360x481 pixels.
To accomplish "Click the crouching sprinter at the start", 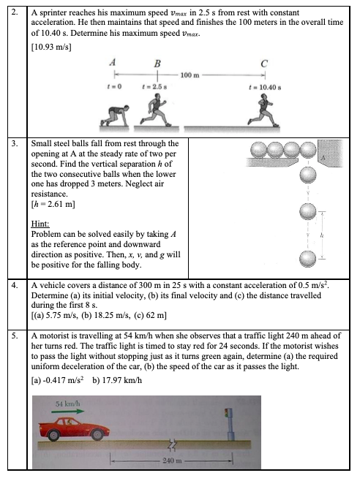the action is [114, 115].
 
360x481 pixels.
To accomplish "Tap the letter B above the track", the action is [157, 64].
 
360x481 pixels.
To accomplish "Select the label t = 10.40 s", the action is [265, 88].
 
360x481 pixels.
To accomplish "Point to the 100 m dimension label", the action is [190, 75].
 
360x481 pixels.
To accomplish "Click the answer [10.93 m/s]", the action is [51, 47].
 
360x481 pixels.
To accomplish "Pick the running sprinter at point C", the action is [264, 110].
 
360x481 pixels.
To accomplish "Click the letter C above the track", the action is [264, 64].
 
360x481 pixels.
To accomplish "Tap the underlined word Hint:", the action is [40, 224].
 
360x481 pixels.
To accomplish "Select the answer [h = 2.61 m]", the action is [53, 204].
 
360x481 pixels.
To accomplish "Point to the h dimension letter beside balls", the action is [322, 235].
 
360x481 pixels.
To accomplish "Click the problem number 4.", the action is [15, 285].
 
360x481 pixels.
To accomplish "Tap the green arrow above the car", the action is [67, 411].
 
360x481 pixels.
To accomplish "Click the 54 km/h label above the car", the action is [67, 404].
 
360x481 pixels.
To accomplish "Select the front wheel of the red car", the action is [97, 434].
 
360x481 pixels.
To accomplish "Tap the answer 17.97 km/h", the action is [122, 380].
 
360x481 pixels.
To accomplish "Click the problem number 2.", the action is [15, 12].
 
